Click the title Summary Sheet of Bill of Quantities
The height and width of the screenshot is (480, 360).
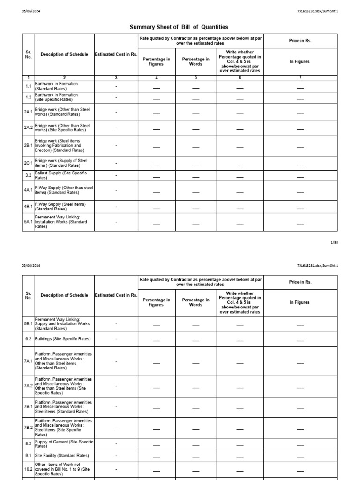(x=179, y=28)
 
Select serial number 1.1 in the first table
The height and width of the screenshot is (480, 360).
(x=28, y=86)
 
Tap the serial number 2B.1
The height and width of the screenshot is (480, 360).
(x=28, y=146)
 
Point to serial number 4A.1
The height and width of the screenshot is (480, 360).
(x=28, y=190)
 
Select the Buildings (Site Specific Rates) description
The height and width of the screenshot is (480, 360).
(x=62, y=339)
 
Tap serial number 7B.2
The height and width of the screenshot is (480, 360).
(x=28, y=427)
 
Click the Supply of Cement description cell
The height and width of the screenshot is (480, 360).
(x=64, y=444)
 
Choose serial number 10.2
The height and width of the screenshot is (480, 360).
(x=28, y=469)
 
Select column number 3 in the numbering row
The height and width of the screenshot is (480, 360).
(x=116, y=77)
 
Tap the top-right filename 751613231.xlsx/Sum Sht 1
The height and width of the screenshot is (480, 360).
(x=317, y=11)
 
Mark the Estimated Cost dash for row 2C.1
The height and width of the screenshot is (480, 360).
(x=116, y=163)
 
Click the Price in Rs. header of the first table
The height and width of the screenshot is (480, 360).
(x=300, y=41)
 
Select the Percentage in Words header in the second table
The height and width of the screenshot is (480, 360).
(x=196, y=302)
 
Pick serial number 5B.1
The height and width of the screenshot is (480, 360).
(x=28, y=324)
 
